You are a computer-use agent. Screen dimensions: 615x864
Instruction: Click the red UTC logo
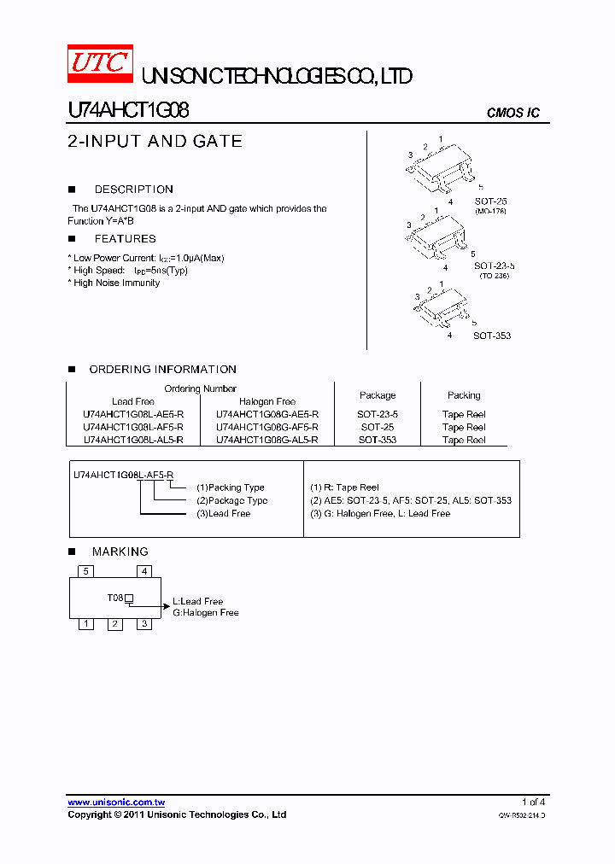(x=100, y=64)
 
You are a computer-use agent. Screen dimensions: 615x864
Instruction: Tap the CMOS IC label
(x=512, y=114)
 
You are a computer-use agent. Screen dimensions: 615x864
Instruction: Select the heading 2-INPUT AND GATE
(x=155, y=142)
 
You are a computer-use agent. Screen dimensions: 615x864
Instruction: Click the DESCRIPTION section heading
(x=133, y=190)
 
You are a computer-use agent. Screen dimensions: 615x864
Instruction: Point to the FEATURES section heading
(x=125, y=239)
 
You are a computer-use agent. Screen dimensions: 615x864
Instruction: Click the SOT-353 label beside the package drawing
(x=492, y=336)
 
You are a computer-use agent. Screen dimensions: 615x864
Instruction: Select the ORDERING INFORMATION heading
(x=162, y=370)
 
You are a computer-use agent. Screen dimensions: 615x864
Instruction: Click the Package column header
(x=378, y=395)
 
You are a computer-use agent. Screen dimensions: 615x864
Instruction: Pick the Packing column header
(x=464, y=395)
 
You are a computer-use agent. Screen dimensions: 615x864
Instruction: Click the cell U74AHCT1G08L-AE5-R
(x=133, y=414)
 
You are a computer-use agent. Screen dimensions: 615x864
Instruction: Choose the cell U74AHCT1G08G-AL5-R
(x=267, y=440)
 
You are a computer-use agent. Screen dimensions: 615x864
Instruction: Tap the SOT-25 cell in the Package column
(x=378, y=427)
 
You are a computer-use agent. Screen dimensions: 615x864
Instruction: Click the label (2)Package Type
(x=231, y=500)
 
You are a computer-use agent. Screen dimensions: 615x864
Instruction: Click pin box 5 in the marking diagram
(x=85, y=571)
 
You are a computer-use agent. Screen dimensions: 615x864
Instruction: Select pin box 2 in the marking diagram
(x=114, y=624)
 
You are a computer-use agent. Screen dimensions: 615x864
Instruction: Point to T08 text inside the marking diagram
(x=115, y=598)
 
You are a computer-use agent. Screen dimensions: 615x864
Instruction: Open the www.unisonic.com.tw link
(x=116, y=803)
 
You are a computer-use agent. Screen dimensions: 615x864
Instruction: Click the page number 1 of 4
(x=533, y=802)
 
